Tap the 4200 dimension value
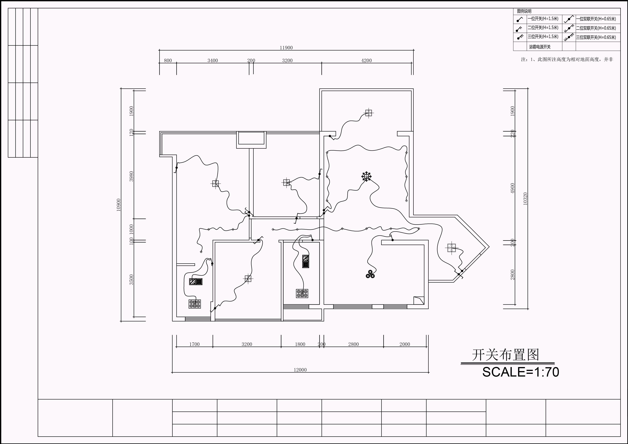[366, 60]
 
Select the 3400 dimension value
[213, 60]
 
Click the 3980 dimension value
[131, 176]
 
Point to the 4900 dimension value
[513, 188]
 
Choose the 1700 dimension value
[195, 344]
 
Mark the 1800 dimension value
[300, 344]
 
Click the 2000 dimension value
[405, 344]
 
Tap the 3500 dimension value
[131, 280]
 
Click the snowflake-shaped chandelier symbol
[366, 177]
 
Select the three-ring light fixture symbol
[370, 274]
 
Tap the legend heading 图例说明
[524, 11]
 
